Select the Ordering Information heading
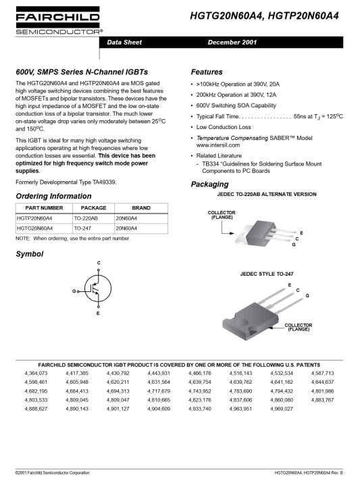[x=53, y=196]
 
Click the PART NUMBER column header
[x=44, y=208]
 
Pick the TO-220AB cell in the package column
[x=86, y=219]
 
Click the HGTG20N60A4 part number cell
[x=34, y=228]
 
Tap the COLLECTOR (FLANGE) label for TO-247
[x=298, y=327]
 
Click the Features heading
[x=206, y=72]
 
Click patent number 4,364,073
[x=36, y=373]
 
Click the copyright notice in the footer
[x=53, y=472]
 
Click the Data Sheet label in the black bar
[x=124, y=42]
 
